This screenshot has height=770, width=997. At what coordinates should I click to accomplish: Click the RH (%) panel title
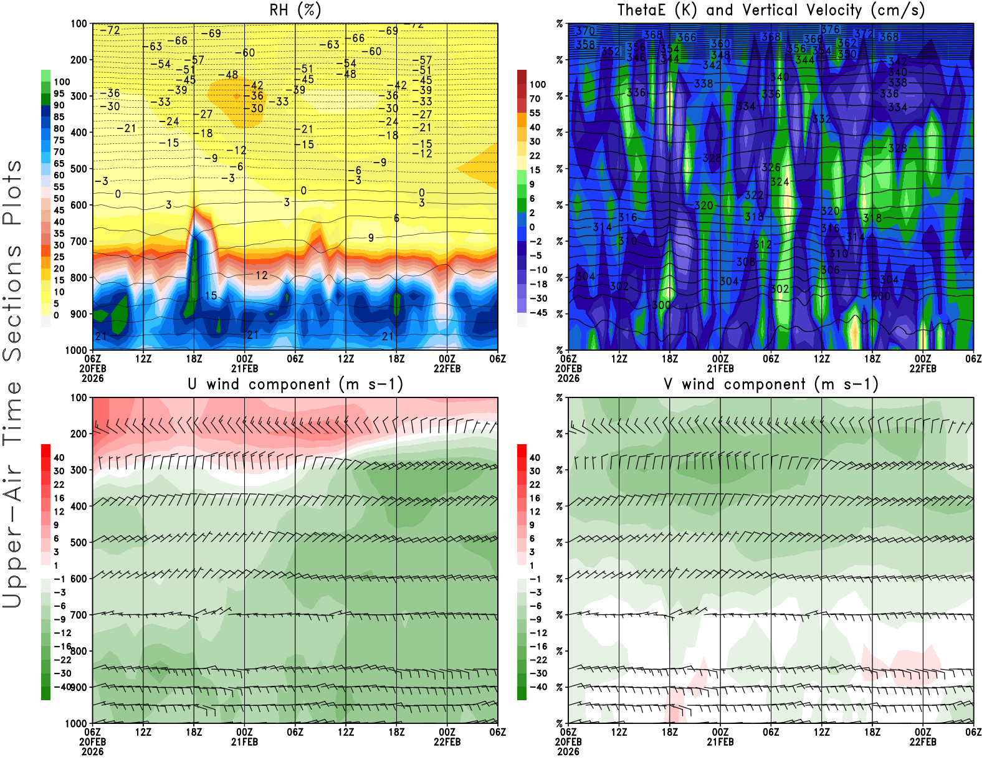[295, 10]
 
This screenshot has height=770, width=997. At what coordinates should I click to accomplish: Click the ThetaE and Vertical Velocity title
[771, 10]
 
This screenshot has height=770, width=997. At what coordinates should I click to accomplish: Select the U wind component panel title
[295, 384]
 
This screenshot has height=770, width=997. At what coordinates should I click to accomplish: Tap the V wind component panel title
[771, 384]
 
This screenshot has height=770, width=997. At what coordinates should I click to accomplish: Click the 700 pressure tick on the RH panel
[79, 241]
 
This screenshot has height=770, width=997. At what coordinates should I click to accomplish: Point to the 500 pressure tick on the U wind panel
[79, 543]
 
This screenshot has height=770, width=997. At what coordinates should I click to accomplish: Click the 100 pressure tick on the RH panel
[79, 24]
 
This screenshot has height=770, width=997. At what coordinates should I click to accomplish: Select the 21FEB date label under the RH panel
[244, 368]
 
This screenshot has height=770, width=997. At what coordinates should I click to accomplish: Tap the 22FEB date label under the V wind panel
[923, 742]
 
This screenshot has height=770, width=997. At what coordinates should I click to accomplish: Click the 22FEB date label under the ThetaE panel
[923, 368]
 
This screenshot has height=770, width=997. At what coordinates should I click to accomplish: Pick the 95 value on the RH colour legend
[59, 93]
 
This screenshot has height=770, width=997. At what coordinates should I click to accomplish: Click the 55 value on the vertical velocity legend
[535, 113]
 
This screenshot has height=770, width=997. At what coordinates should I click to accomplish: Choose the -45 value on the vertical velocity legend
[538, 313]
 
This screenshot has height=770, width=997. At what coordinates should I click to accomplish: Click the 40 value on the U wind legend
[59, 457]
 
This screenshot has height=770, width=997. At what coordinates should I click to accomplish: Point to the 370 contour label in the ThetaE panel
[585, 31]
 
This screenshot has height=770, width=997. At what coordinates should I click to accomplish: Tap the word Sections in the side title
[12, 303]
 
